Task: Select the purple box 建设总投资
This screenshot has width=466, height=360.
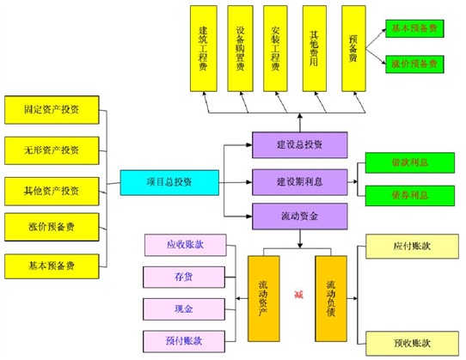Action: point(299,144)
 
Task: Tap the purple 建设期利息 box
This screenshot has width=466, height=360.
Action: point(299,180)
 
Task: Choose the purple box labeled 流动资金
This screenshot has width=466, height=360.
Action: point(299,216)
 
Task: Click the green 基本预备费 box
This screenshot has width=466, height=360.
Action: point(414,28)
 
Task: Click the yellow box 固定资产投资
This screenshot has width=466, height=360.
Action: point(52,110)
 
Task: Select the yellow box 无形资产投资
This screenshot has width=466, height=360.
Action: point(52,149)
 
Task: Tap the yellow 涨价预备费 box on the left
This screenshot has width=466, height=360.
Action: point(52,227)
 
